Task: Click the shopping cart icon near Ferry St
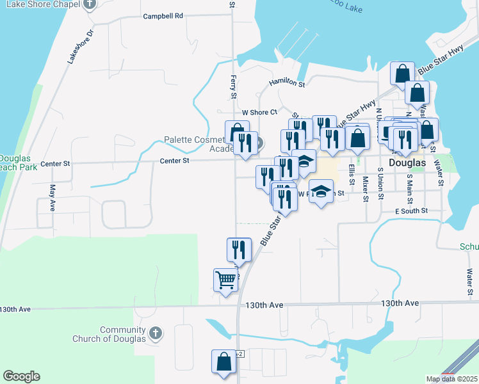click(225, 280)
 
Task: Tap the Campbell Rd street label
click(163, 16)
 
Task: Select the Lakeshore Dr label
click(81, 46)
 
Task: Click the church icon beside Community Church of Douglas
click(156, 333)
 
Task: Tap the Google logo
click(21, 376)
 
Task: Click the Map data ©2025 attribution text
click(451, 379)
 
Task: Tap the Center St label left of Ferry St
click(174, 161)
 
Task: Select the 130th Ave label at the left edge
click(15, 309)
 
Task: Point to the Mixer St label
click(365, 189)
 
